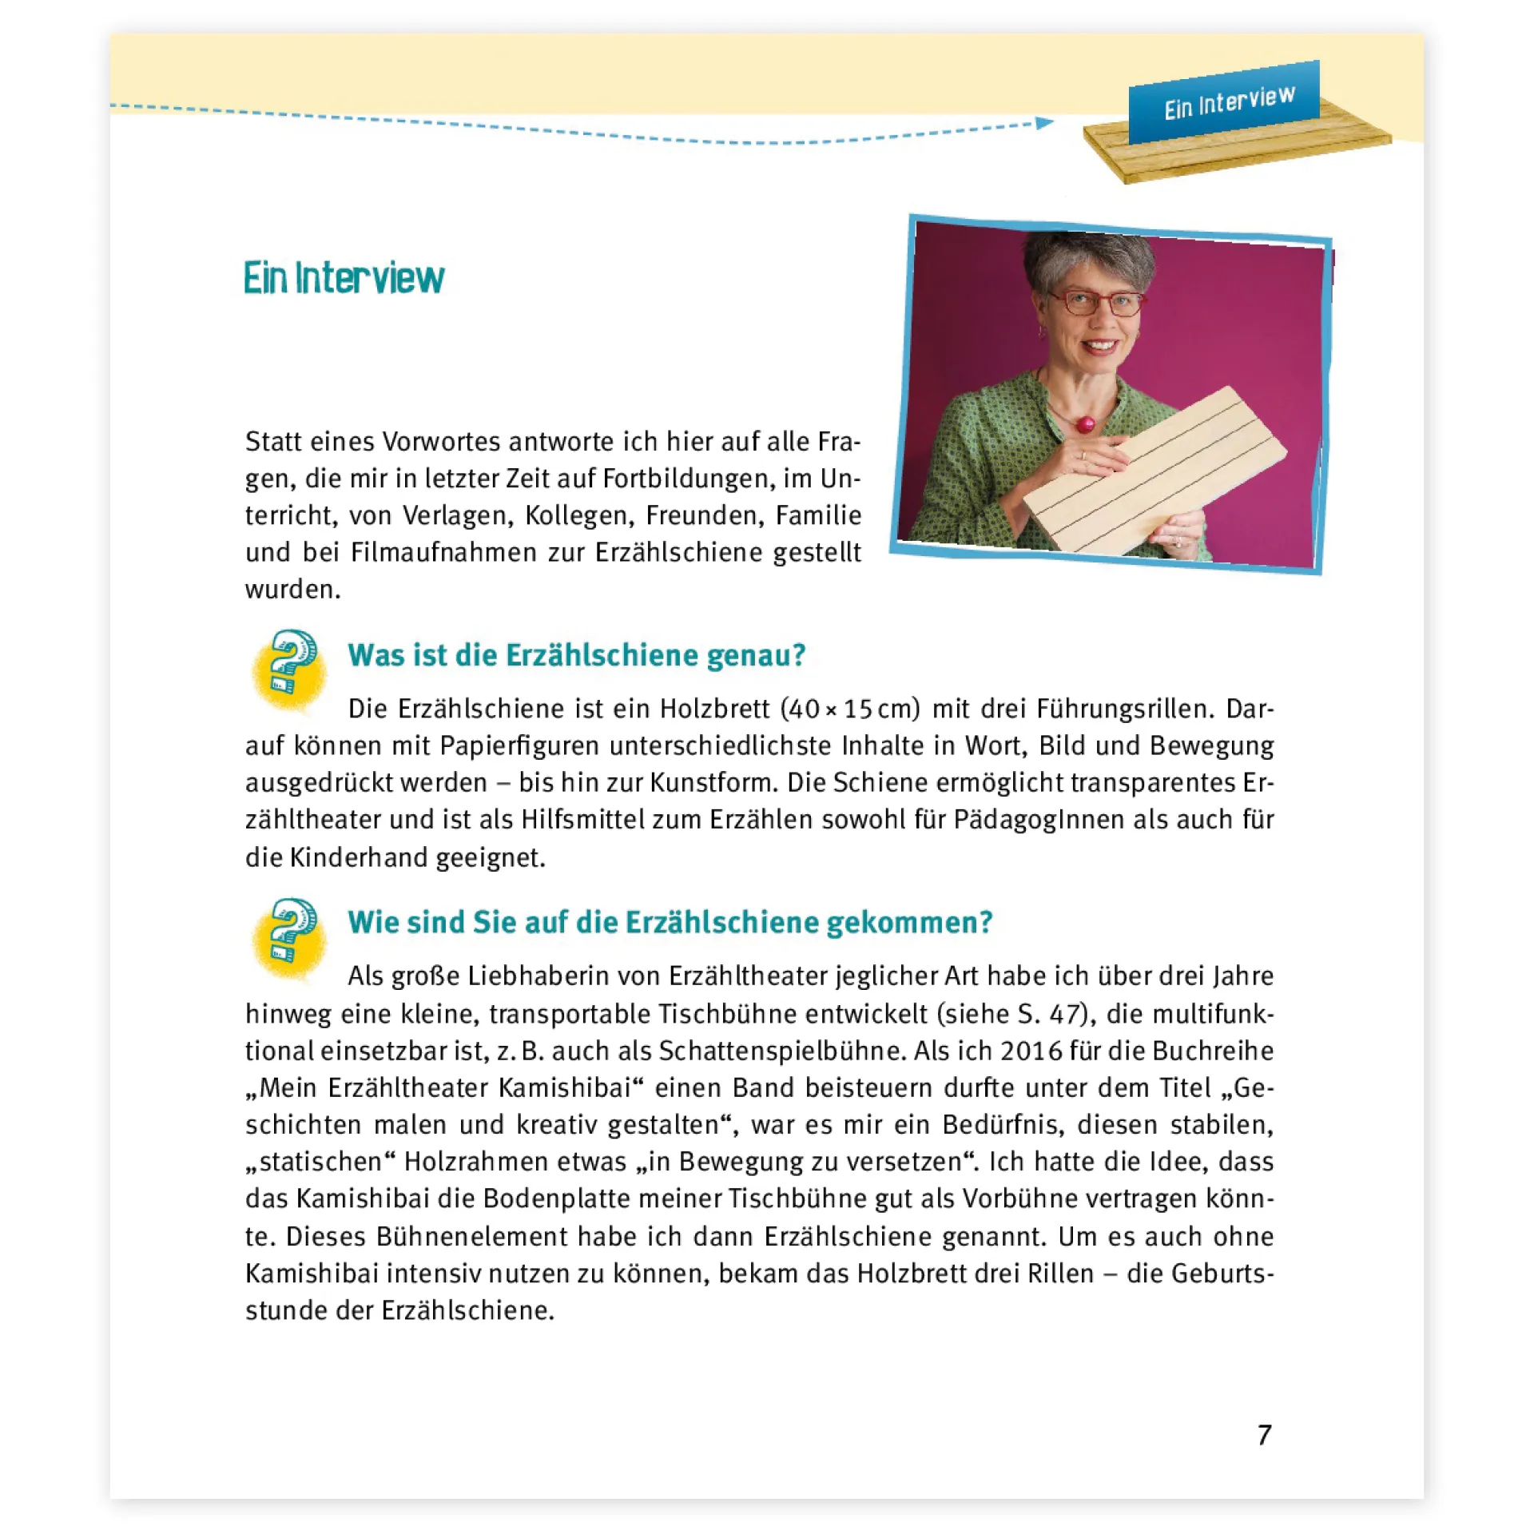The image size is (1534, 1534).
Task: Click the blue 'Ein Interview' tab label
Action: tap(1228, 102)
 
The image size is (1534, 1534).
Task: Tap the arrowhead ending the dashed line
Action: tap(1044, 123)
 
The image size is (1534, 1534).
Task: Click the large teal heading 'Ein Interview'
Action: tap(344, 278)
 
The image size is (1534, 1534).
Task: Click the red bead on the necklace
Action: tap(1085, 423)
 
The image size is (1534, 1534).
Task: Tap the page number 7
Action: tap(1264, 1435)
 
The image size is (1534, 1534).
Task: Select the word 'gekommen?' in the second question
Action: tap(909, 923)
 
